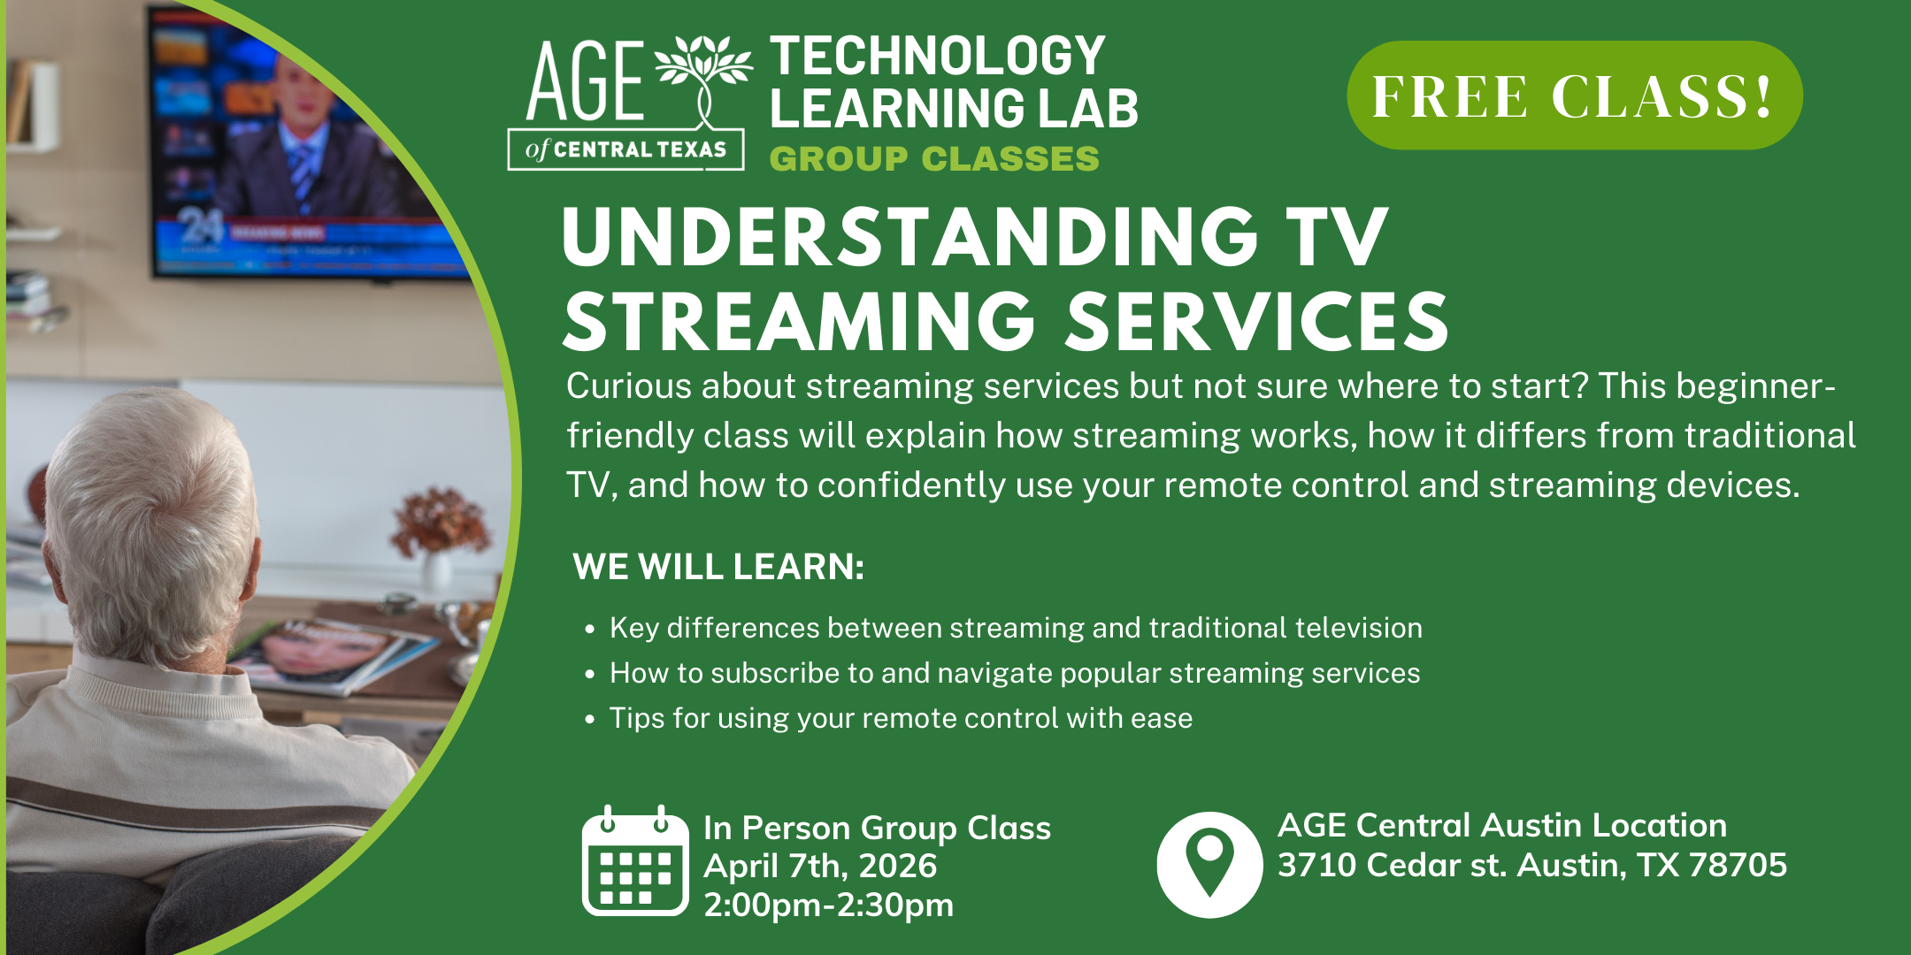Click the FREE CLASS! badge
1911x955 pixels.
tap(1574, 95)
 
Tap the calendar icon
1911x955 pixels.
tap(635, 860)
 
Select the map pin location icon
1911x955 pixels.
tap(1209, 865)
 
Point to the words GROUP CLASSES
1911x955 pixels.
tap(934, 159)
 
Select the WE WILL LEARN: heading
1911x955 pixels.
tap(718, 567)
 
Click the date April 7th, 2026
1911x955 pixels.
tap(820, 866)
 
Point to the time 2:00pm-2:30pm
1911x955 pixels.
tap(829, 905)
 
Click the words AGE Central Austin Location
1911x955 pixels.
tap(1502, 825)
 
